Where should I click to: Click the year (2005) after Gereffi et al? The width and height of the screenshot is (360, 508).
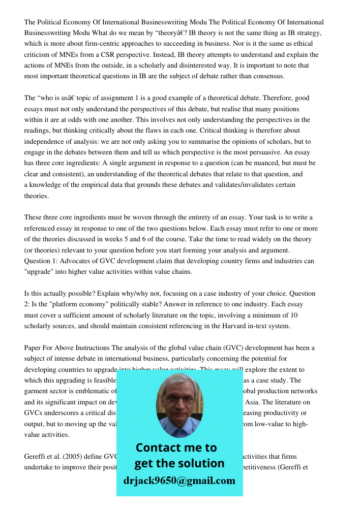pos(76,456)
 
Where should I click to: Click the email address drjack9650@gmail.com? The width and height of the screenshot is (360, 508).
pos(179,481)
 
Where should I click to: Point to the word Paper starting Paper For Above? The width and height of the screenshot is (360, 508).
pos(33,348)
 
